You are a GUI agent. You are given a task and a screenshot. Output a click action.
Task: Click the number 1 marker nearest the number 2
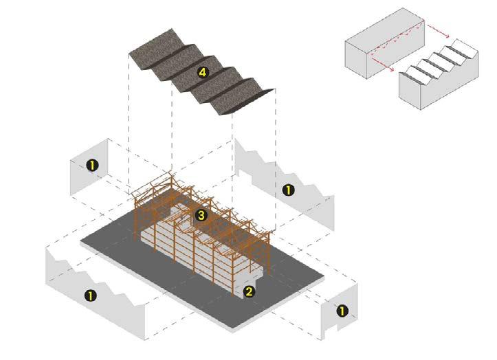[342, 311]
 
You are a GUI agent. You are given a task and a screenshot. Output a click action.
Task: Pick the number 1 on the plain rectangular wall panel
[91, 165]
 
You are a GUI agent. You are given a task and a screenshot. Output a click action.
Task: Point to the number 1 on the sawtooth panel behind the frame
[289, 189]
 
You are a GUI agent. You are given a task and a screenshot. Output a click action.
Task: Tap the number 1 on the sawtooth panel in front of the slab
[90, 295]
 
